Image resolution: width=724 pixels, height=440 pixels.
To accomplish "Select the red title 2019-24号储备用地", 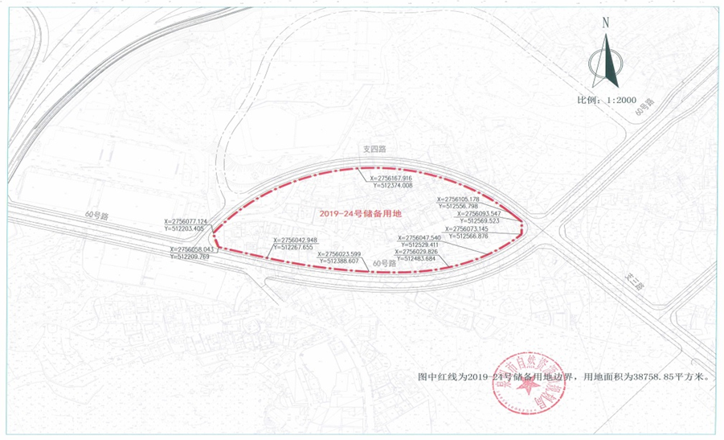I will click(x=360, y=213).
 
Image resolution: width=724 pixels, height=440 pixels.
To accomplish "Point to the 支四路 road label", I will click(x=374, y=150).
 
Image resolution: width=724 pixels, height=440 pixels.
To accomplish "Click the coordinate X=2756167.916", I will click(x=391, y=178).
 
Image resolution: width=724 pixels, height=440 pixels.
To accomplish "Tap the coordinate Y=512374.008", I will click(x=391, y=185).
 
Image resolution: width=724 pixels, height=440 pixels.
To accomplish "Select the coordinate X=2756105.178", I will click(x=458, y=199).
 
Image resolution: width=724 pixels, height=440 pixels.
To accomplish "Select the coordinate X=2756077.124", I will click(x=186, y=221).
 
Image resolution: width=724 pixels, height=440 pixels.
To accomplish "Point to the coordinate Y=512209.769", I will click(x=191, y=257).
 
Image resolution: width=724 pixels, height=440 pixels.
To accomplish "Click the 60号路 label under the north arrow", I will click(x=644, y=107).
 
